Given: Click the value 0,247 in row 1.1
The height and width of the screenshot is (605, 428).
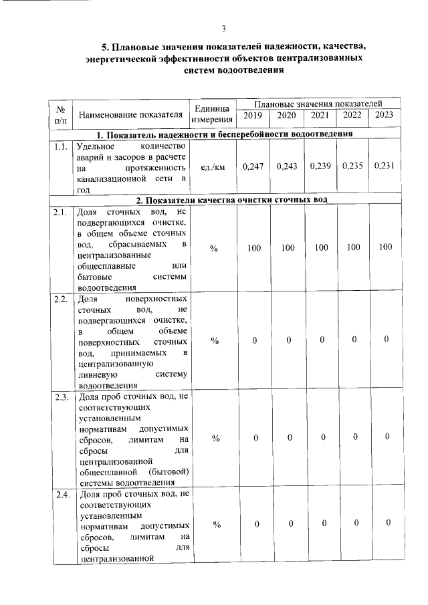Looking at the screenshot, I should pyautogui.click(x=252, y=166).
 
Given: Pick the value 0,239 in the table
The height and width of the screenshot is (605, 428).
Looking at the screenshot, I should pyautogui.click(x=320, y=166).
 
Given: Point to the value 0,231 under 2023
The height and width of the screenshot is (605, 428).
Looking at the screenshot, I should pyautogui.click(x=385, y=166).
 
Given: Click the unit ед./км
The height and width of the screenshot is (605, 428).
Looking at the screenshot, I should pyautogui.click(x=211, y=167).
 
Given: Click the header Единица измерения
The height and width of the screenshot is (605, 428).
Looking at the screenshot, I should pyautogui.click(x=211, y=114).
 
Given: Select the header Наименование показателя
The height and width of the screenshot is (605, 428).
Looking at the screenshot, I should pyautogui.click(x=130, y=114).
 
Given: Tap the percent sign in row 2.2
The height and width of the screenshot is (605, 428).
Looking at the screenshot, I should pyautogui.click(x=215, y=341).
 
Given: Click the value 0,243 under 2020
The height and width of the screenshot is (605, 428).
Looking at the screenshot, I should pyautogui.click(x=287, y=166).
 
